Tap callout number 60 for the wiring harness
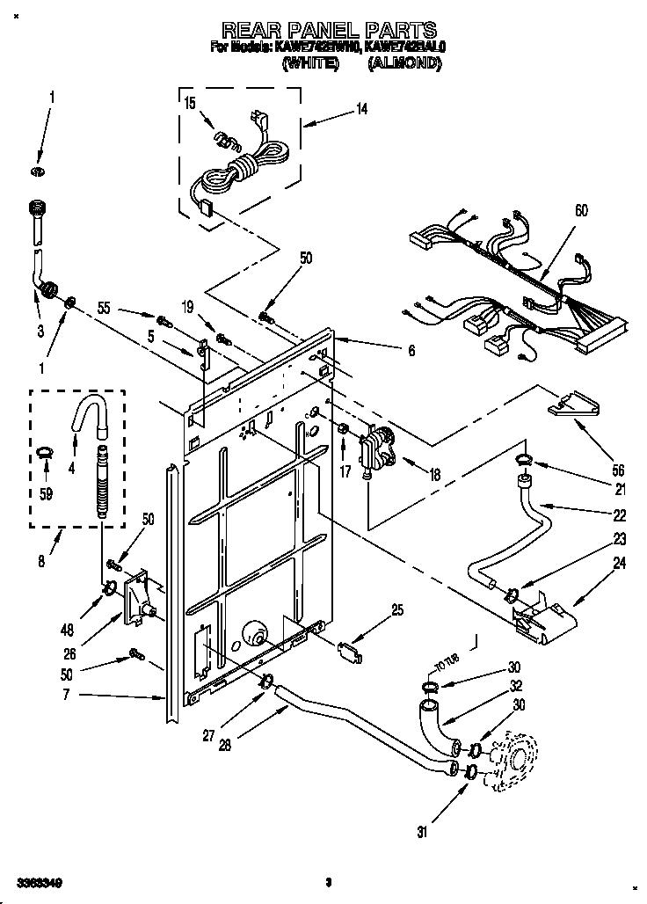click(x=581, y=211)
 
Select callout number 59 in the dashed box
click(x=46, y=493)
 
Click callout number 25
click(x=398, y=609)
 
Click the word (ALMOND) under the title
click(x=404, y=63)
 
